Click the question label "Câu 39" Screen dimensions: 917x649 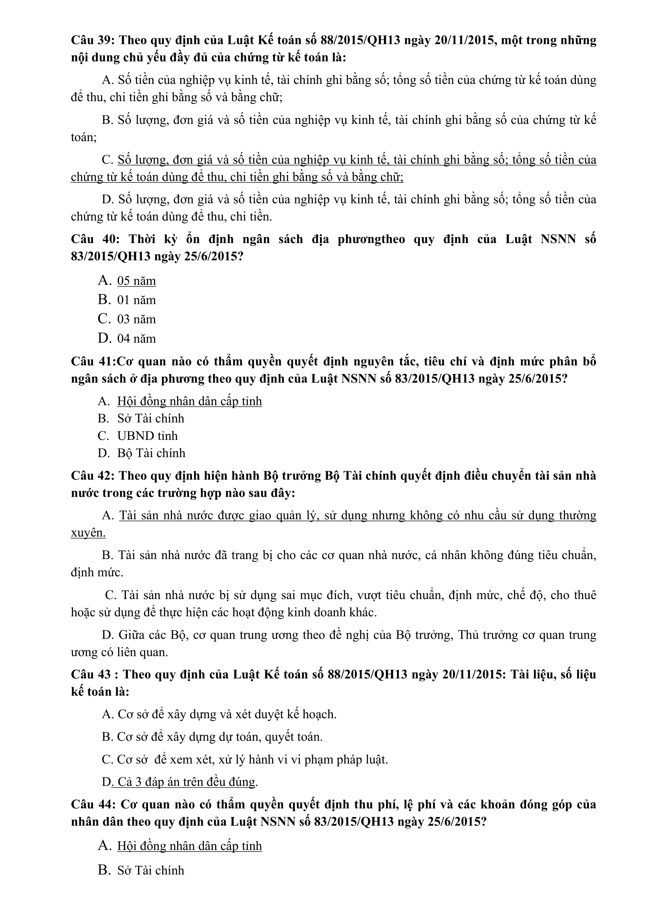92,40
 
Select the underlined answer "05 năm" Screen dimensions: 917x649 136,281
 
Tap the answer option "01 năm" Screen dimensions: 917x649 136,300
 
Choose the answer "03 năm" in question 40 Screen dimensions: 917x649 136,319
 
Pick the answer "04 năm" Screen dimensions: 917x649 136,339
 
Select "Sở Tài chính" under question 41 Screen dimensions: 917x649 151,418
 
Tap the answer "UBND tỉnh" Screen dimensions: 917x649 147,436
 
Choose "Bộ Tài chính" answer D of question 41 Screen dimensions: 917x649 151,453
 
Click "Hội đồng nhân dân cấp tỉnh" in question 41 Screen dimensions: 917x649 190,401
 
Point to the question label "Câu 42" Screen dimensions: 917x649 92,476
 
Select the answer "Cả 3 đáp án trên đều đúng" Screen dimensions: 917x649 185,782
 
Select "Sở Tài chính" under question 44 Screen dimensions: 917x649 151,870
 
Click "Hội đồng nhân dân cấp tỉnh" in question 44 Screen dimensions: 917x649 190,846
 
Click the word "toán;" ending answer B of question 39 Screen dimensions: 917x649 84,137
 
